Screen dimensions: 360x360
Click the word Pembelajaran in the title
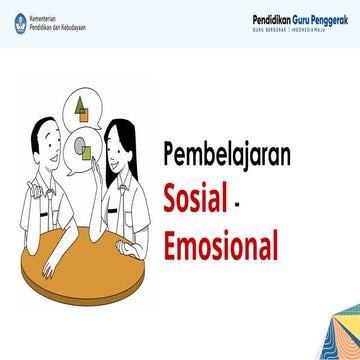[227, 156]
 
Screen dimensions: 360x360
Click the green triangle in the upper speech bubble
[80, 104]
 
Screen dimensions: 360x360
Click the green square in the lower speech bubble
[88, 153]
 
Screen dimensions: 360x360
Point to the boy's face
[49, 148]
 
